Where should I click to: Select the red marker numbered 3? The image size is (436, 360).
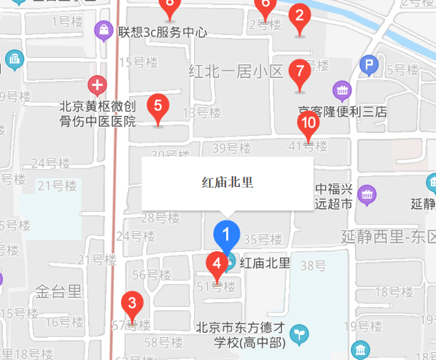pyautogui.click(x=131, y=303)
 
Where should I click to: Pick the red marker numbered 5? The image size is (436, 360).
pyautogui.click(x=158, y=106)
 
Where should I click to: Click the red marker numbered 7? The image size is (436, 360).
pyautogui.click(x=299, y=72)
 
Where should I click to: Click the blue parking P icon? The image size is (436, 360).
pyautogui.click(x=369, y=67)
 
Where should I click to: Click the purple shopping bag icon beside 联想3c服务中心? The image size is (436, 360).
pyautogui.click(x=104, y=31)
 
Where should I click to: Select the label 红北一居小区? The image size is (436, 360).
pyautogui.click(x=236, y=72)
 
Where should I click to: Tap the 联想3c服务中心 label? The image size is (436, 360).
pyautogui.click(x=163, y=32)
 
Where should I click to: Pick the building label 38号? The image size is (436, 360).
pyautogui.click(x=313, y=266)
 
